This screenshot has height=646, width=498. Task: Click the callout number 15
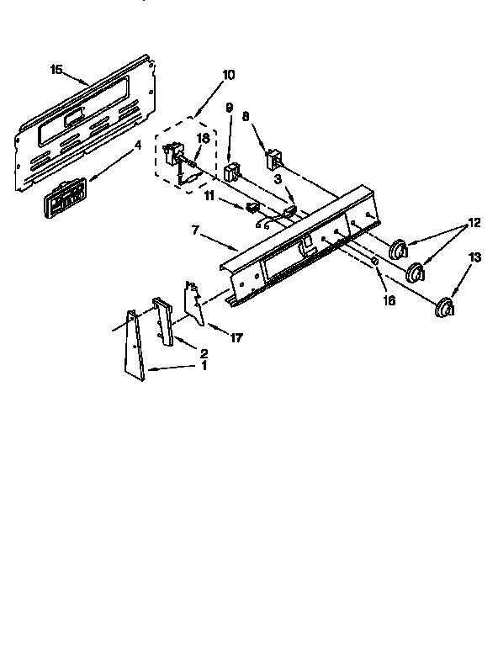(x=56, y=70)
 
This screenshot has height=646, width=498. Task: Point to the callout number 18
(x=203, y=137)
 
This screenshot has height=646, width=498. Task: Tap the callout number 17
(x=236, y=339)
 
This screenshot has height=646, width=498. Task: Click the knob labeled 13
(x=445, y=308)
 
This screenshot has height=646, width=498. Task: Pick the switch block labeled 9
(x=232, y=173)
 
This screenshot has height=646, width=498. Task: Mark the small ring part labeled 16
(x=374, y=263)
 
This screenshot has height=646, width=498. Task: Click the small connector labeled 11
(x=252, y=207)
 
